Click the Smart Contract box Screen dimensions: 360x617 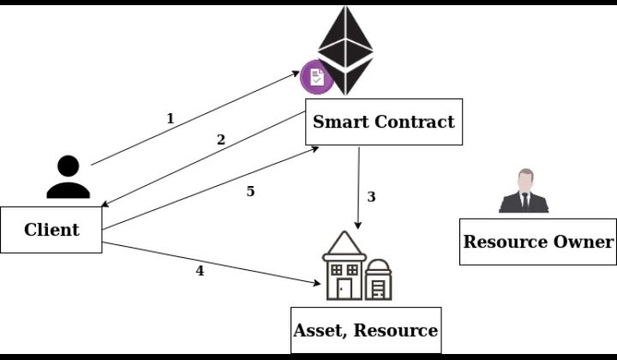click(x=383, y=122)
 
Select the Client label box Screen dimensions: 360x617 click(x=51, y=230)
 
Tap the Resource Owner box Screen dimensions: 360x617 click(x=538, y=241)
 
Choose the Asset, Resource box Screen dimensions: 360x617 click(x=366, y=330)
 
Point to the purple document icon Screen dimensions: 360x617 click(x=316, y=77)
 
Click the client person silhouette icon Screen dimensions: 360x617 click(x=68, y=177)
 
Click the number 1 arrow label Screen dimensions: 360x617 click(x=170, y=118)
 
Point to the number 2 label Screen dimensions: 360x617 click(x=220, y=139)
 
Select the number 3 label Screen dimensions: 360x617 click(x=371, y=196)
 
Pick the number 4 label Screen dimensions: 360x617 click(x=200, y=271)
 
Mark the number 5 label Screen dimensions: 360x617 click(x=250, y=191)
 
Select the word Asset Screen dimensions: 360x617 click(x=320, y=330)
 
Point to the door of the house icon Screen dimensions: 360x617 click(x=340, y=289)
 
